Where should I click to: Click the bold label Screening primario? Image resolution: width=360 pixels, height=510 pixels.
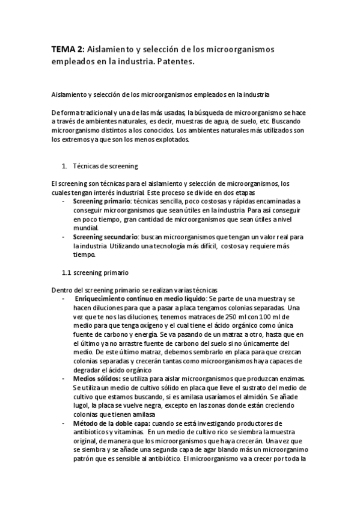[101, 200]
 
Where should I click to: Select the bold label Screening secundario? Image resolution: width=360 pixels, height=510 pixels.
[106, 236]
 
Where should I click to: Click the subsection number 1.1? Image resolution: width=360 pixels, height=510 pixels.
[67, 272]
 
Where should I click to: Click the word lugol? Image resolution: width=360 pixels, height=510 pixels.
[82, 407]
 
